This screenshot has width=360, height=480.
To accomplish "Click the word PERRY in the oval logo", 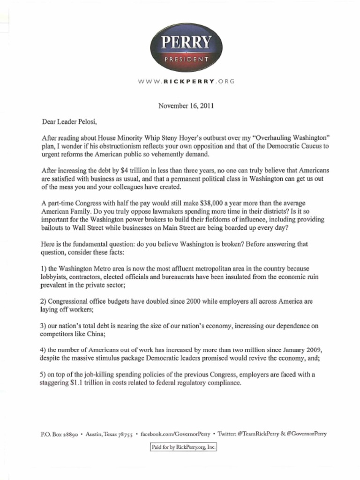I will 186,43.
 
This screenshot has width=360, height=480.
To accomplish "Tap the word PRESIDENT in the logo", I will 186,60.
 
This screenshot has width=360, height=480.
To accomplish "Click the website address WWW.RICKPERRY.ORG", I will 186,81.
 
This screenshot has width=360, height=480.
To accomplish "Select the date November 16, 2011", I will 186,105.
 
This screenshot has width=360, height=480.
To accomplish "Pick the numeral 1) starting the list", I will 44,269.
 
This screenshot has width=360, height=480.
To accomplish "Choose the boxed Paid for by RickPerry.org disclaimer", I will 183,448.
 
